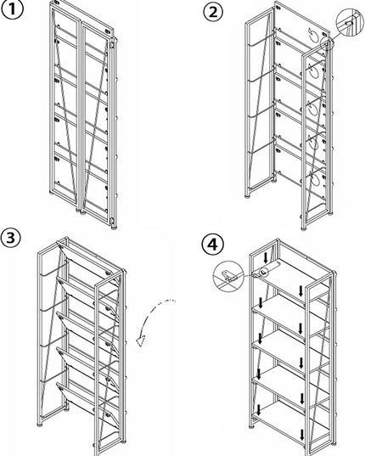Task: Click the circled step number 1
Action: [12, 9]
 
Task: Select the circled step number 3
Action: [11, 238]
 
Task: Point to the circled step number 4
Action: [213, 245]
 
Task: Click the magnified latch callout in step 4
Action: [228, 275]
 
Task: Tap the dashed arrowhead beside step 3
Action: [142, 341]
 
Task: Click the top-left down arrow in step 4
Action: [266, 257]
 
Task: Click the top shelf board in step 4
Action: [290, 276]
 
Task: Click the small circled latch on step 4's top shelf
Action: [264, 272]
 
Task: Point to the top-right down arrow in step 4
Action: [301, 290]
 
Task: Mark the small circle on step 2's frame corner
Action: [327, 43]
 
